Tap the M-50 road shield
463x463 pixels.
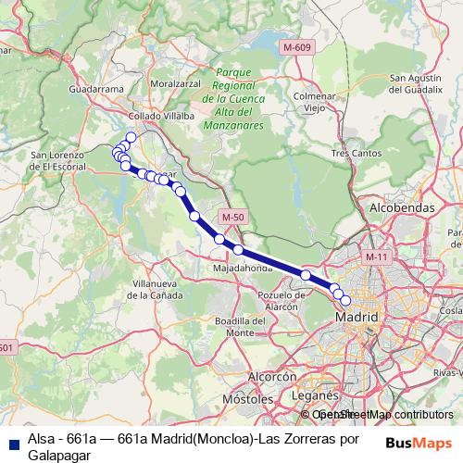click(232, 217)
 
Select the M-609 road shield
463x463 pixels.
click(297, 46)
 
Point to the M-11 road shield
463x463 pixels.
click(375, 256)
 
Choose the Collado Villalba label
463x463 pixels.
click(162, 116)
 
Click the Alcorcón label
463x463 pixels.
click(271, 377)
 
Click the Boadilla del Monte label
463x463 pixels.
click(233, 326)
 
